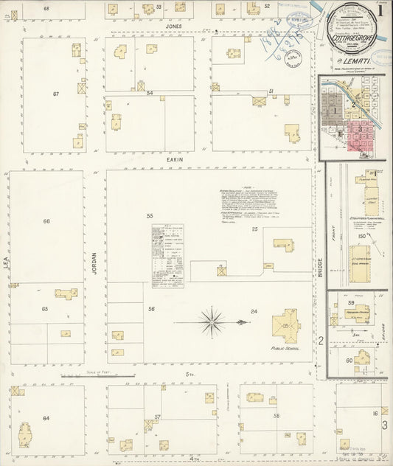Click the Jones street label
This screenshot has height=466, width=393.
click(173, 26)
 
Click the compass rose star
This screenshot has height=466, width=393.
click(212, 321)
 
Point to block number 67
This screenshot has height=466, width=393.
click(55, 94)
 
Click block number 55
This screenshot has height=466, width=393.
click(149, 215)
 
